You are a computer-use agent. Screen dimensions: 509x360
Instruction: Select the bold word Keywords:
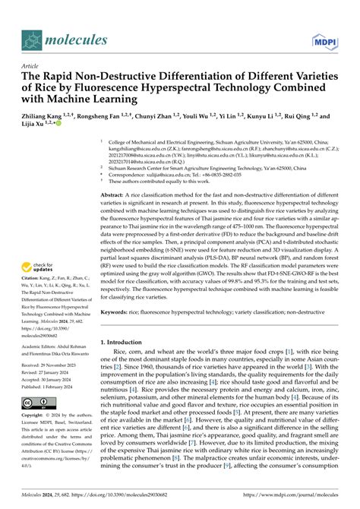(x=116, y=311)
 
